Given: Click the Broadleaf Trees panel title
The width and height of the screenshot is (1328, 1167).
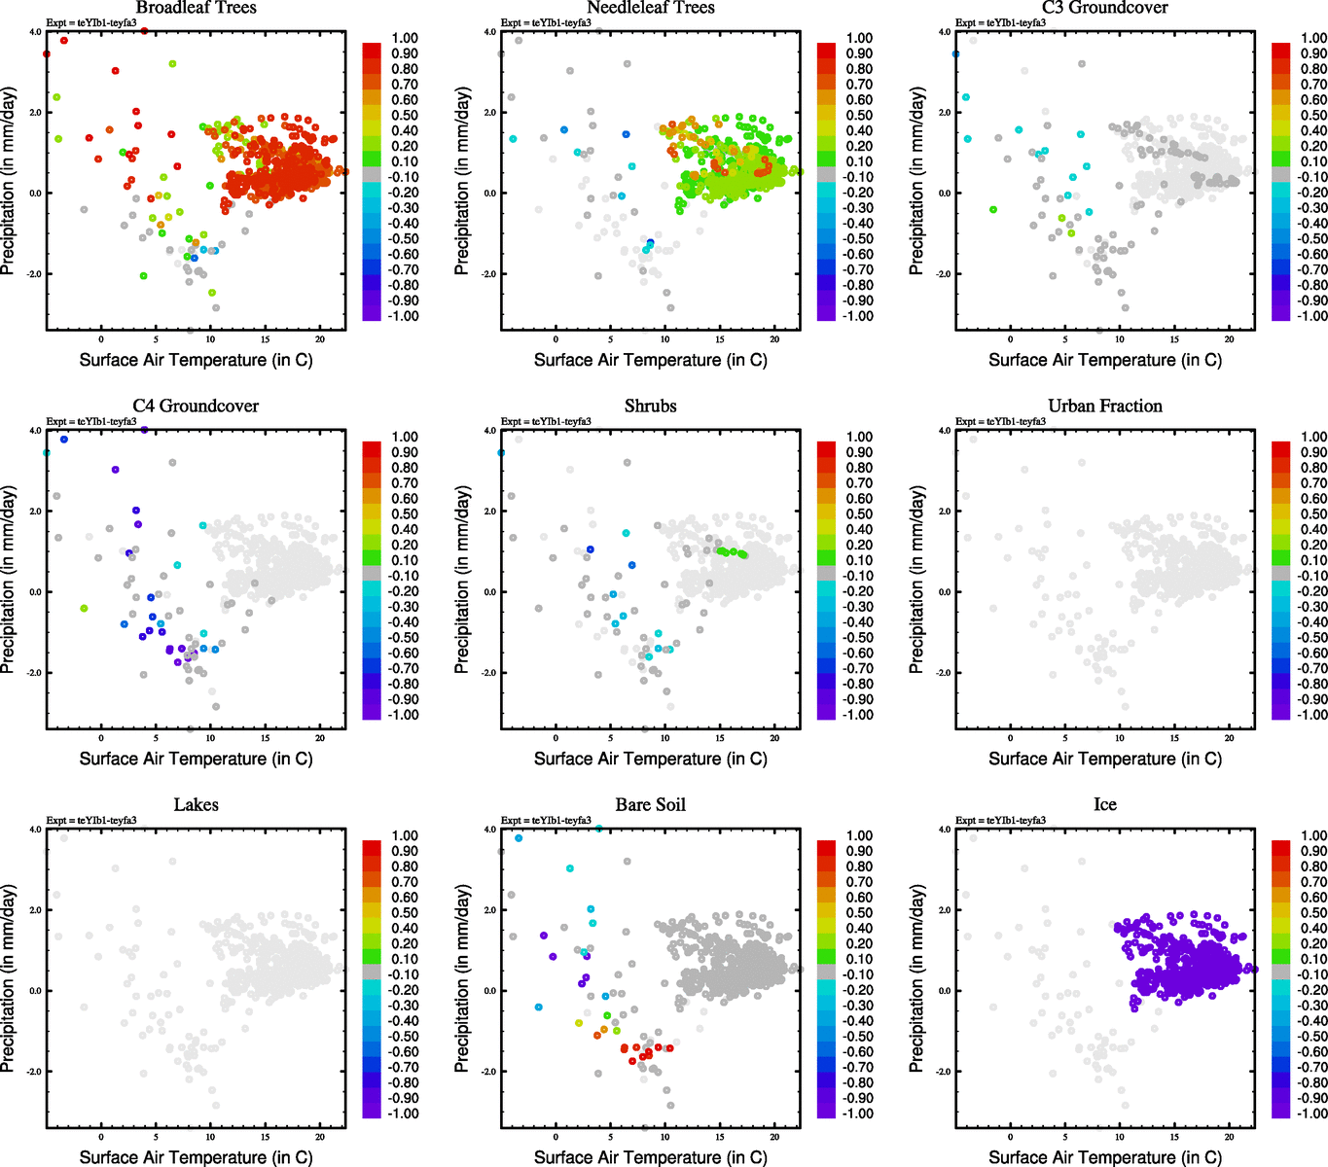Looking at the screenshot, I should click(x=196, y=8).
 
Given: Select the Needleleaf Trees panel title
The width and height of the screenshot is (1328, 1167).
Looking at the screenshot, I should click(x=650, y=8).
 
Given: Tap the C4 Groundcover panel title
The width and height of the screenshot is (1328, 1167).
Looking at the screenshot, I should click(x=196, y=407).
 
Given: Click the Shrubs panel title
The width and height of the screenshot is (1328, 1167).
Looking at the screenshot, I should click(x=650, y=407).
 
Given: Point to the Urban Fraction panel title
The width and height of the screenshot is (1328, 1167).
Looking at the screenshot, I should click(x=1105, y=407).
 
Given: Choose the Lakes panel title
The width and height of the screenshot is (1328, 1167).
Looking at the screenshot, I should click(x=196, y=805).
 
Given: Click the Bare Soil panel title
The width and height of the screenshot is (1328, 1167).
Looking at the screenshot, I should click(x=650, y=805).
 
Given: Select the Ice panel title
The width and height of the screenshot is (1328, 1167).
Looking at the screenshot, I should click(x=1105, y=805).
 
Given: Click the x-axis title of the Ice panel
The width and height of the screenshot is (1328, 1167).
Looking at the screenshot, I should click(x=1105, y=1157).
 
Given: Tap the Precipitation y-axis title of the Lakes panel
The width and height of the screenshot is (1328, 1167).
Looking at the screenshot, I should click(x=10, y=978).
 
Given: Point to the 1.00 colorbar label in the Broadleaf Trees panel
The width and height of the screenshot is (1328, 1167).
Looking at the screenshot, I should click(x=405, y=39).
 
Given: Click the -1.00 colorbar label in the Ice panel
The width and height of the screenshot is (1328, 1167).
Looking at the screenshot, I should click(x=1312, y=1114).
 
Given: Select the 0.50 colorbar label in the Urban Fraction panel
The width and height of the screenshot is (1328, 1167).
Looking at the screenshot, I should click(x=1314, y=514).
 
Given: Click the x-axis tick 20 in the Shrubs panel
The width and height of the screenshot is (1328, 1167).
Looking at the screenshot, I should click(x=774, y=738).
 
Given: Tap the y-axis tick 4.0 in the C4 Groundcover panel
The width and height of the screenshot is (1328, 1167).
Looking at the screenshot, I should click(x=35, y=431).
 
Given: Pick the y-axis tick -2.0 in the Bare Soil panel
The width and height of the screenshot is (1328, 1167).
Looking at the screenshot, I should click(x=489, y=1072).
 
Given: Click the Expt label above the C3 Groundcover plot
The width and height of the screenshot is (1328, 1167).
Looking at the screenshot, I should click(x=1000, y=23).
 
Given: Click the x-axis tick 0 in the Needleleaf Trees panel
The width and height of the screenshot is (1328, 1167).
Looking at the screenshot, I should click(x=556, y=339).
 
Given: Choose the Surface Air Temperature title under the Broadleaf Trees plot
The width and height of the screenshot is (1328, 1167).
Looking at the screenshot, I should click(x=196, y=360).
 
